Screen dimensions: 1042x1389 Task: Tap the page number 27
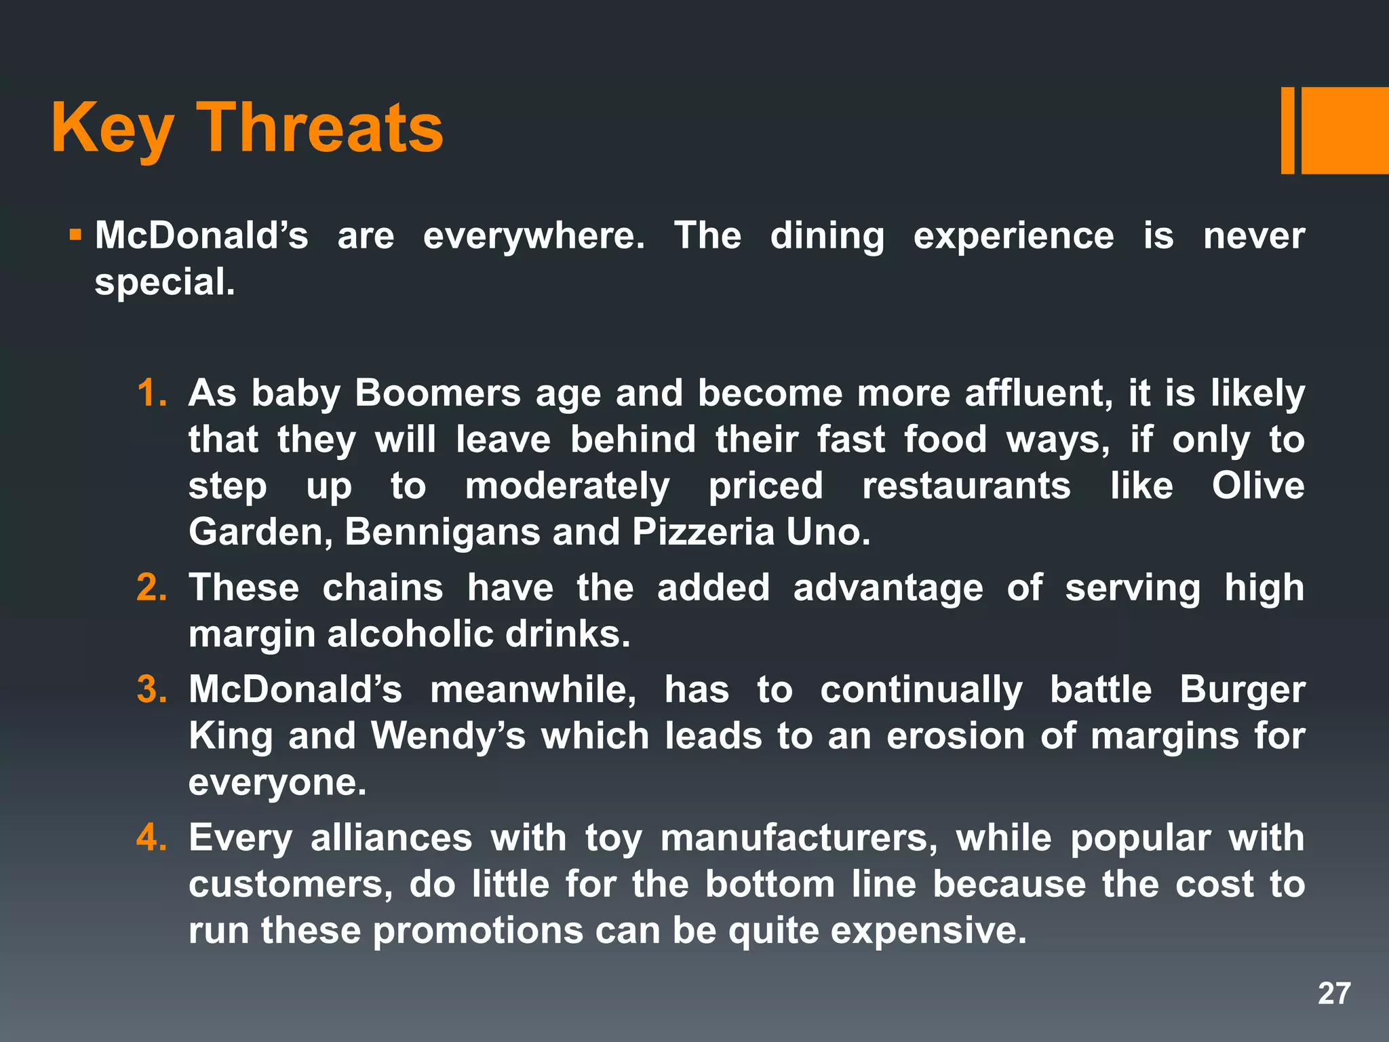tap(1334, 993)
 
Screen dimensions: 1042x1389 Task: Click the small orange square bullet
tap(75, 236)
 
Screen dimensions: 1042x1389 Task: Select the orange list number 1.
tap(151, 393)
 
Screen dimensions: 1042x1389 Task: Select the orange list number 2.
tap(151, 587)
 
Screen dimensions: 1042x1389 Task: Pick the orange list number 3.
tap(151, 689)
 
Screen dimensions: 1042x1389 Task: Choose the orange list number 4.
tap(151, 837)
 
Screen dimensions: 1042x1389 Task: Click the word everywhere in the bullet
tap(534, 236)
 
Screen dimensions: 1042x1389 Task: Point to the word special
tap(165, 282)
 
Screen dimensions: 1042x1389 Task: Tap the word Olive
tap(1258, 486)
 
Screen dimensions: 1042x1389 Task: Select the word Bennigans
tap(442, 532)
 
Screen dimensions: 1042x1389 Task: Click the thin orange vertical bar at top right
tap(1287, 130)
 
